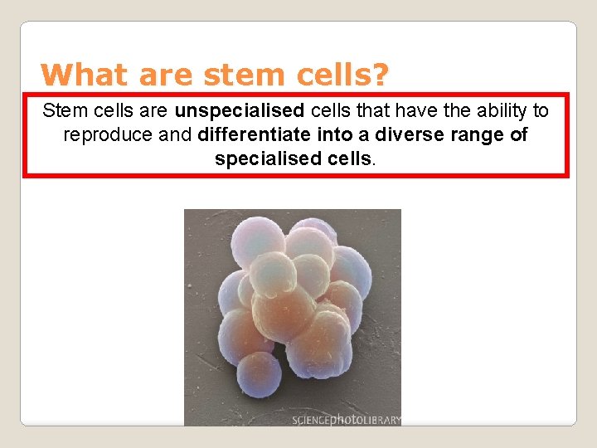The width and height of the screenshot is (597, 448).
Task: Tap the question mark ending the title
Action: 379,75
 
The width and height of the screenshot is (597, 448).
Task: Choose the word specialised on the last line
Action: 262,158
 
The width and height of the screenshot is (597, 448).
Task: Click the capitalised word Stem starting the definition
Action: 62,110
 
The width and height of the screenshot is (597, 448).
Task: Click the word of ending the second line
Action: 519,134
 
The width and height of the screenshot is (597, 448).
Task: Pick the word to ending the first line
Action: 540,110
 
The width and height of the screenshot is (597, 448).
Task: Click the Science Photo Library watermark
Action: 346,420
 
